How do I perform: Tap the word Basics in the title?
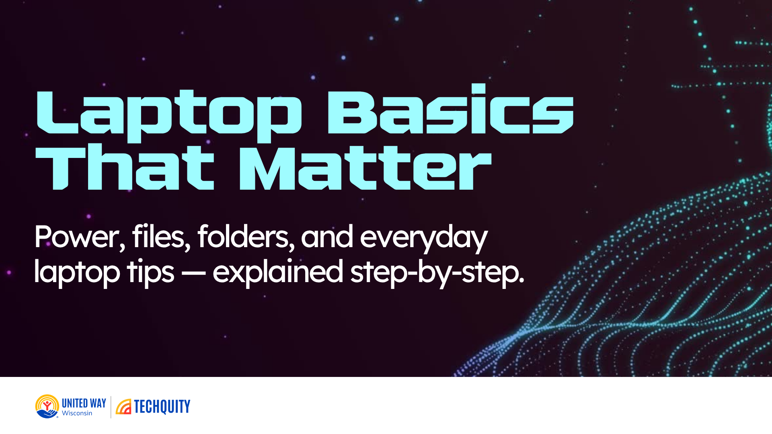(450, 111)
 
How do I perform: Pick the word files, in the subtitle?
(161, 237)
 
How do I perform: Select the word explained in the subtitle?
(277, 272)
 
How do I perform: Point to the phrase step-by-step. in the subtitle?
(437, 272)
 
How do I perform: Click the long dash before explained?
(193, 272)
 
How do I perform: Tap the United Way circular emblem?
(47, 406)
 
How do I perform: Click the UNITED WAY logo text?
(84, 403)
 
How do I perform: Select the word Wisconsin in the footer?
(77, 413)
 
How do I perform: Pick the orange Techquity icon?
(123, 407)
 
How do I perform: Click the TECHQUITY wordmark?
(162, 407)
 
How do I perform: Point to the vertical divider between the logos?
(111, 407)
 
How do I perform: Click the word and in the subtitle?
(327, 237)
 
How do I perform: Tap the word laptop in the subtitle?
(77, 272)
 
